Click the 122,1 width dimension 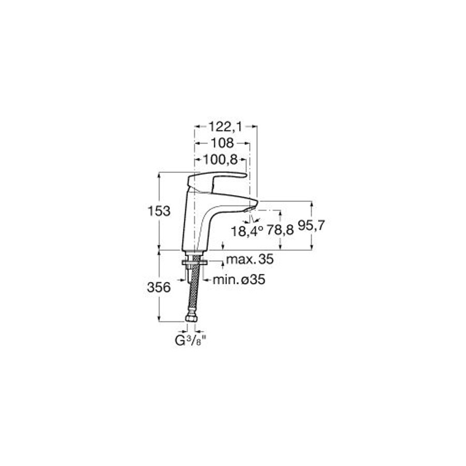[225, 127]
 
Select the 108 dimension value [222, 143]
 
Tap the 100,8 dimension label [220, 160]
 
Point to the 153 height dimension [159, 211]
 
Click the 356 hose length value [159, 287]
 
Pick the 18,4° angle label [247, 231]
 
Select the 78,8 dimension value [280, 230]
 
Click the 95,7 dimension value [312, 226]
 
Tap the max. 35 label [250, 259]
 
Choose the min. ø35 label [239, 280]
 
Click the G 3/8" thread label [190, 341]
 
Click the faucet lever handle [216, 181]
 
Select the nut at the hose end [191, 318]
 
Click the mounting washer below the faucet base [195, 262]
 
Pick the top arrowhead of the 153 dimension [159, 175]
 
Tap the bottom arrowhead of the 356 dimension [159, 318]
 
